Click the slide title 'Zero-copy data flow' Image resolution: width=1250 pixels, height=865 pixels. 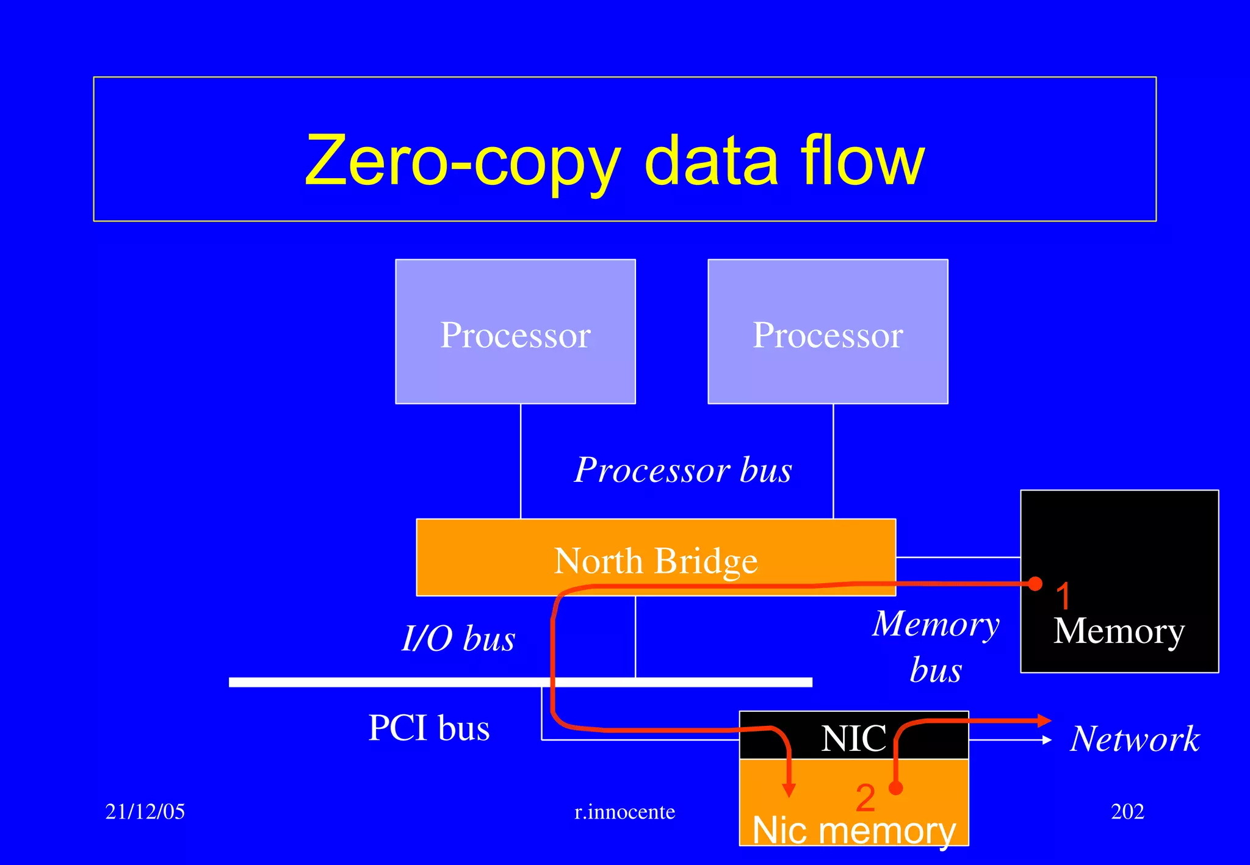pos(615,160)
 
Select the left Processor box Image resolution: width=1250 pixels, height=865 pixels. pos(515,332)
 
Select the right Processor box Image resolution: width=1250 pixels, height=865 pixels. pos(828,332)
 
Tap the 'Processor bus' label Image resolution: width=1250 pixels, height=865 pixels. pos(683,470)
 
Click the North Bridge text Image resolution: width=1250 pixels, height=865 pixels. pos(656,561)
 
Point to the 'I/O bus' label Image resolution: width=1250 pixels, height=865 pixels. pos(458,639)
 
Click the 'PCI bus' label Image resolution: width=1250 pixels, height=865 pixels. pos(429,728)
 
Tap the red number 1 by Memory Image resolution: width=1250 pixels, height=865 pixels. pos(1063,596)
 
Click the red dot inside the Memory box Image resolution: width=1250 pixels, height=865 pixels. pos(1035,584)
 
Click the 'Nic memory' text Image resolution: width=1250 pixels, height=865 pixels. pos(853,830)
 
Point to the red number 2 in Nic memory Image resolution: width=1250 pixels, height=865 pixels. pos(865,798)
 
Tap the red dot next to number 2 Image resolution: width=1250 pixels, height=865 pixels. pos(896,788)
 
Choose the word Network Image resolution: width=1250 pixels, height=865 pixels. pos(1135,739)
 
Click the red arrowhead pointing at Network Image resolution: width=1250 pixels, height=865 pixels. pos(1044,720)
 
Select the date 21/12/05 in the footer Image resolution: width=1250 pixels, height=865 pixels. pos(145,811)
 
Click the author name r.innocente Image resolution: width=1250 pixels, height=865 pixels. pos(625,812)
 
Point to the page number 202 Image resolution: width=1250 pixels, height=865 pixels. pos(1127,811)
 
